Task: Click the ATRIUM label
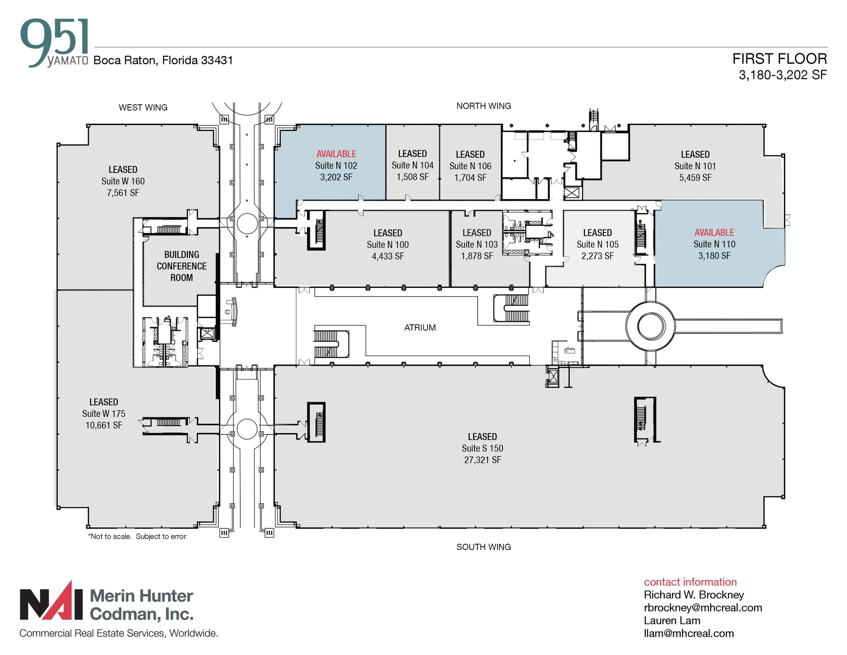[x=420, y=328]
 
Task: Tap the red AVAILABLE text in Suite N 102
[x=336, y=154]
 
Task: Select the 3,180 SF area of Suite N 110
[x=714, y=256]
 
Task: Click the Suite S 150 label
[x=482, y=448]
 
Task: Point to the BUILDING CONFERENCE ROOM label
[x=182, y=266]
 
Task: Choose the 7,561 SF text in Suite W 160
[x=123, y=193]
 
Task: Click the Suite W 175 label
[x=104, y=414]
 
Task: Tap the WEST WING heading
[x=143, y=108]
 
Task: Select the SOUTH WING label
[x=483, y=547]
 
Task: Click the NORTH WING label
[x=483, y=106]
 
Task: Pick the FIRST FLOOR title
[x=779, y=59]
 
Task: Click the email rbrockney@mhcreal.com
[x=703, y=607]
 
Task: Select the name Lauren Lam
[x=672, y=620]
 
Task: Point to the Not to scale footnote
[x=137, y=536]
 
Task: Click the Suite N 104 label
[x=412, y=166]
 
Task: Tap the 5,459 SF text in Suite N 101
[x=695, y=178]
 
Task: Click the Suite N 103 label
[x=476, y=245]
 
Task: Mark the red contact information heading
[x=690, y=582]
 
